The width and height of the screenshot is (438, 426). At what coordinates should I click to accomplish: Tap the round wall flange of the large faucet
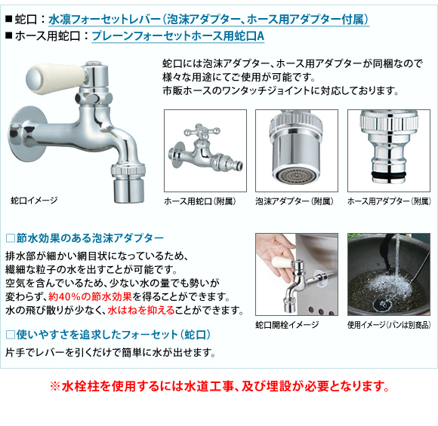[x=26, y=133]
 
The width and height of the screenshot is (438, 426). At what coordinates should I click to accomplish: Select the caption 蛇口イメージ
[x=34, y=200]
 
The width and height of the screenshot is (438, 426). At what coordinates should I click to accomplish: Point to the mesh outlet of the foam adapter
[x=296, y=176]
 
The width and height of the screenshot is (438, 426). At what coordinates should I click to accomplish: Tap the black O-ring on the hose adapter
[x=389, y=175]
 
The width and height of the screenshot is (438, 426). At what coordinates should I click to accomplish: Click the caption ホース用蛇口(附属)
[x=200, y=201]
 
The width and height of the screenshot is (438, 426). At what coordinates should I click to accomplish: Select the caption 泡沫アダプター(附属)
[x=295, y=201]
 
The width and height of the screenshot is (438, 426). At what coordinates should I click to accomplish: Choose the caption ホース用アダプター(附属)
[x=389, y=201]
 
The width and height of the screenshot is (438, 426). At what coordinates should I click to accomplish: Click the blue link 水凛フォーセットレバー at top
[x=105, y=20]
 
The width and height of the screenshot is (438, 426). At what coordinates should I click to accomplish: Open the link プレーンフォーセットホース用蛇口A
[x=178, y=36]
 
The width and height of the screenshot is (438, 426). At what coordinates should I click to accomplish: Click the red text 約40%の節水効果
[x=90, y=296]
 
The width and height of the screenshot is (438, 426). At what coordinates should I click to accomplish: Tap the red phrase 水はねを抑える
[x=141, y=310]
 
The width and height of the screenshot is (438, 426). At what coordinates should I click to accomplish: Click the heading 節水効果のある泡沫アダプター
[x=85, y=238]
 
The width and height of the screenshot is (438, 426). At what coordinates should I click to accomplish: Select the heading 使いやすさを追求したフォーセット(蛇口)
[x=108, y=335]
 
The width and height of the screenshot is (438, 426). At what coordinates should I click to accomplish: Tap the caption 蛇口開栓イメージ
[x=287, y=325]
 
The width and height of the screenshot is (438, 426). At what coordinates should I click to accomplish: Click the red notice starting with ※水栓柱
[x=220, y=386]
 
